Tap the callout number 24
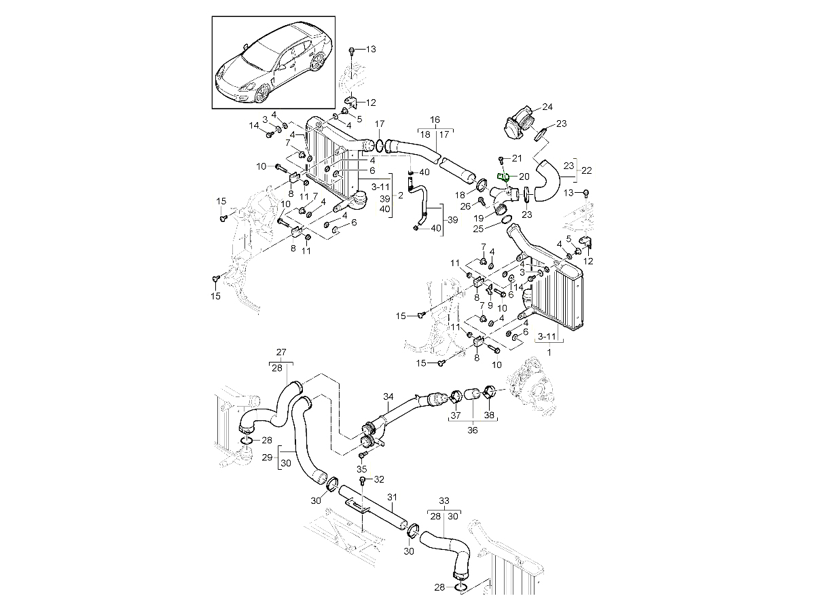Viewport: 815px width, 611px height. (547, 107)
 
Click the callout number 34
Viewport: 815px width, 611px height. (388, 396)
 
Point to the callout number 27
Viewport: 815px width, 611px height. (281, 352)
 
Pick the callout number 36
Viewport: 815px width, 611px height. (473, 430)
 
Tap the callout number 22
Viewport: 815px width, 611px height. (587, 170)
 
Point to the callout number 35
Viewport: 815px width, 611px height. (362, 469)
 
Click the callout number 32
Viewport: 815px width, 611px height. (379, 479)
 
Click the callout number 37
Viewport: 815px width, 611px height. (456, 415)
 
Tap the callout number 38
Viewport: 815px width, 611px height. (489, 415)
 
